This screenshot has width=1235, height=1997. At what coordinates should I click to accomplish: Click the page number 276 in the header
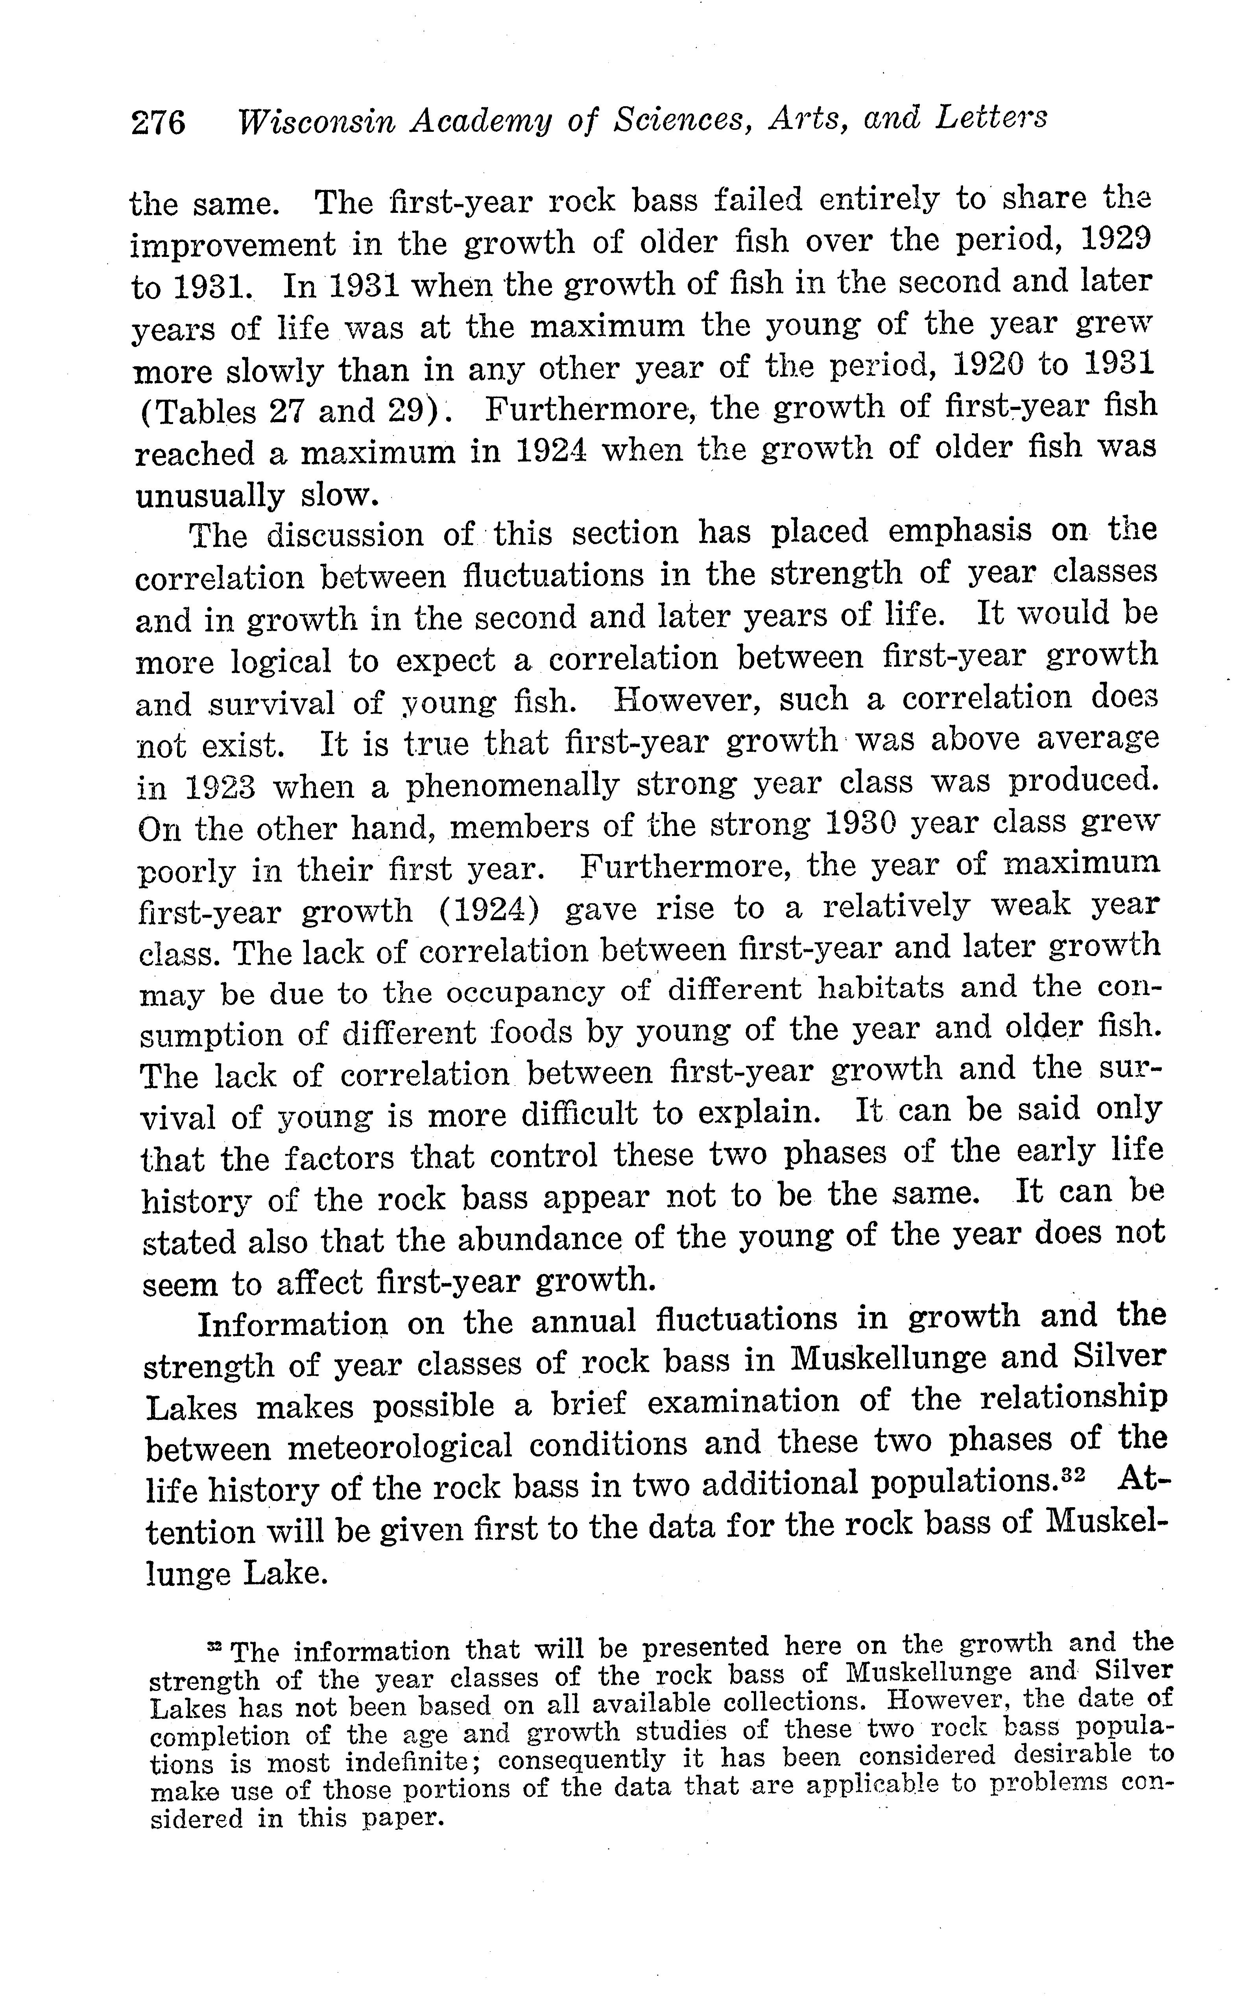coord(159,122)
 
